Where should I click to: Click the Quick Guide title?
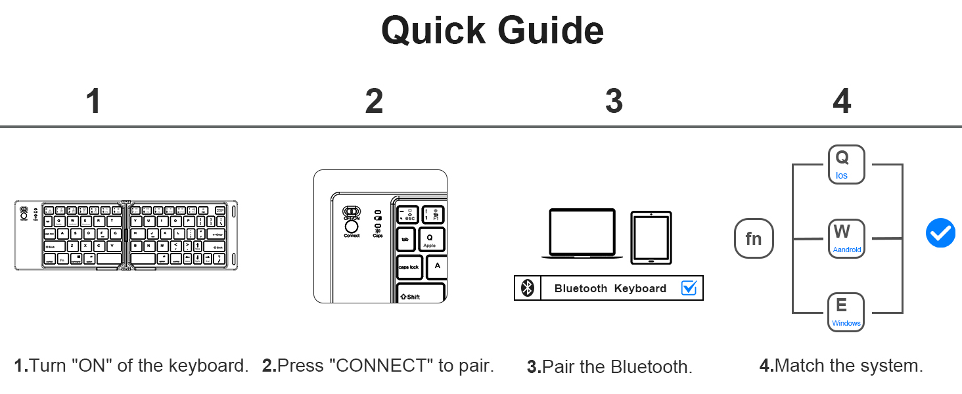(492, 30)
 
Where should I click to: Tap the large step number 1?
(94, 102)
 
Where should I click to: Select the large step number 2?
(374, 102)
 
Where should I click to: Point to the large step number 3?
(614, 102)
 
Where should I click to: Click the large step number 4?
(842, 102)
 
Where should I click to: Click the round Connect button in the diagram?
(352, 226)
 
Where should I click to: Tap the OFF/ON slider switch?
(352, 212)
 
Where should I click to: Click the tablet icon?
(651, 238)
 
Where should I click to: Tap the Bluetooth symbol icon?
(527, 288)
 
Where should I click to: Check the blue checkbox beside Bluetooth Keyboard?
(689, 288)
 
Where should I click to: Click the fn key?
(754, 238)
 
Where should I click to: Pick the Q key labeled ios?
(846, 164)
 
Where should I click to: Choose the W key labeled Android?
(846, 238)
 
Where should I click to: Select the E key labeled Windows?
(846, 312)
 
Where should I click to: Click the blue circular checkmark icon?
(940, 233)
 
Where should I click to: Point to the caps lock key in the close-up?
(409, 267)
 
